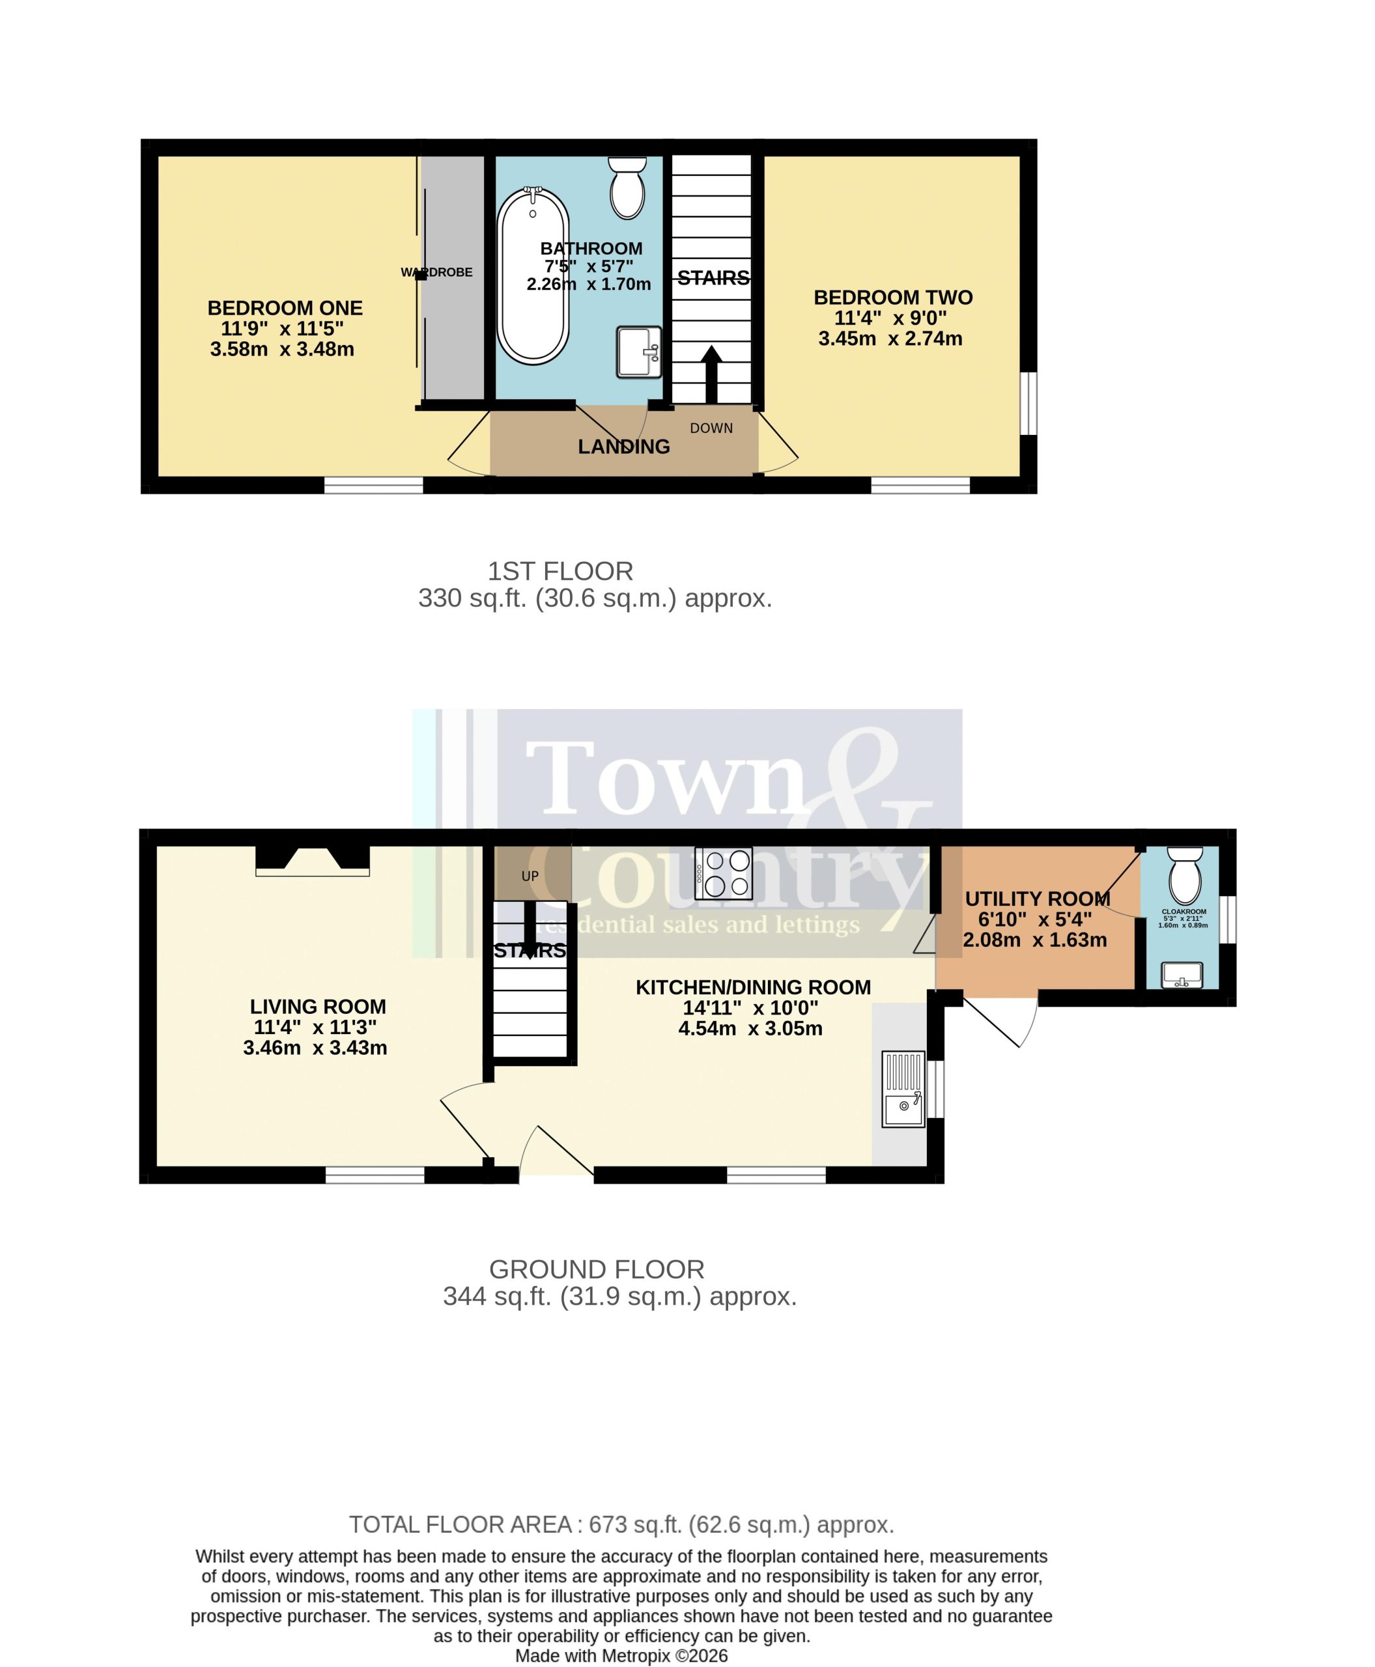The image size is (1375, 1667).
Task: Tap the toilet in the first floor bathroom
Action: (627, 188)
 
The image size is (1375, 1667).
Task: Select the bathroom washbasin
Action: (638, 352)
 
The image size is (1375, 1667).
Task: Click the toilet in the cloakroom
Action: (1185, 875)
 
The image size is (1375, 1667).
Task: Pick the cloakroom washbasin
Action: (1182, 975)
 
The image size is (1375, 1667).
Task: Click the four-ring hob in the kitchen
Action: (723, 873)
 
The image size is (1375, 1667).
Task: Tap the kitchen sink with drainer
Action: (903, 1089)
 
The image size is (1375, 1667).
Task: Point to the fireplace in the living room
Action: (313, 861)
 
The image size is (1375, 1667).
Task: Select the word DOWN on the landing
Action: (711, 428)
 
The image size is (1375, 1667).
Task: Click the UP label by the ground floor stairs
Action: (530, 876)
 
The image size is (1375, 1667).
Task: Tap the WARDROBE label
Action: (436, 272)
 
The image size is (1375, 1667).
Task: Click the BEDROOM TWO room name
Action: (892, 298)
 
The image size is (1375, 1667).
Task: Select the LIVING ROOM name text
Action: (318, 1007)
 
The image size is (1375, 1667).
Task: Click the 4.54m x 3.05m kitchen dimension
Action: (750, 1029)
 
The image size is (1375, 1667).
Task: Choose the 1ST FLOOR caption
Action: (560, 571)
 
